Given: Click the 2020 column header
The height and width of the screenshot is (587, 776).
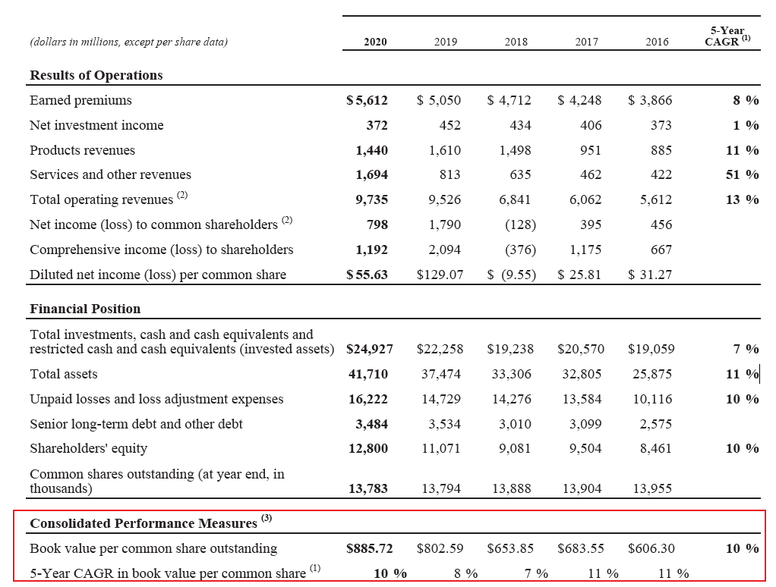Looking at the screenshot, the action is click(x=375, y=42).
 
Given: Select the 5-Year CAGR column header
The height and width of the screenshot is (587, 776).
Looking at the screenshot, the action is click(x=727, y=36).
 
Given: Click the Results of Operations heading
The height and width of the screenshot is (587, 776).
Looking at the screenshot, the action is click(x=96, y=75).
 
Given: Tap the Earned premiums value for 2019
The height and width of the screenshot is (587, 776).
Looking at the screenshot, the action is click(x=438, y=100).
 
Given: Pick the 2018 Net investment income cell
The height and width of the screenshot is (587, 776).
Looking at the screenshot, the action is click(x=520, y=125).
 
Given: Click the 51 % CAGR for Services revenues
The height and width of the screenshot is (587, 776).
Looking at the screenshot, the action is click(x=743, y=175).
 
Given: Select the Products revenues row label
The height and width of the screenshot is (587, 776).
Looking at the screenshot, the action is click(x=82, y=150).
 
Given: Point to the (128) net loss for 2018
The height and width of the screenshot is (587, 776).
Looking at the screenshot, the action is click(x=520, y=224).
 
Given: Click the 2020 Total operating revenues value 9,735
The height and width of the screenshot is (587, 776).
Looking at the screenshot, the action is click(x=371, y=199).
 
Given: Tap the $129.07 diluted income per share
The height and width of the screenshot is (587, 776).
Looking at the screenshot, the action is click(x=440, y=275).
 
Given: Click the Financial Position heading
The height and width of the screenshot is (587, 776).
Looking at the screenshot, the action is click(x=85, y=309).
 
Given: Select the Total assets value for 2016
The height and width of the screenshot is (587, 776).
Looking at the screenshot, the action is click(x=652, y=374).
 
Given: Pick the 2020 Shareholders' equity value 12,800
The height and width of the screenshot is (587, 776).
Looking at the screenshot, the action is click(x=368, y=449).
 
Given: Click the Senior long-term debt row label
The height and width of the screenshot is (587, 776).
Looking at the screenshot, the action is click(x=136, y=424).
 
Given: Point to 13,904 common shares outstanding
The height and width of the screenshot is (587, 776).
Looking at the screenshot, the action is click(x=582, y=488).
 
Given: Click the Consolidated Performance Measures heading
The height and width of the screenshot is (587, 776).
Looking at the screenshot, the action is click(x=144, y=523).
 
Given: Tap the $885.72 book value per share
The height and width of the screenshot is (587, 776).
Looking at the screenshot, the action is click(x=369, y=548).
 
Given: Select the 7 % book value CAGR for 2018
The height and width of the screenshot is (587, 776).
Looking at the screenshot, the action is click(x=537, y=573).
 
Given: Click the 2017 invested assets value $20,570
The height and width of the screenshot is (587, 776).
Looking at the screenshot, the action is click(x=581, y=350).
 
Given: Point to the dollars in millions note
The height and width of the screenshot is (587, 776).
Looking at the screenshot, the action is click(x=128, y=42).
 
